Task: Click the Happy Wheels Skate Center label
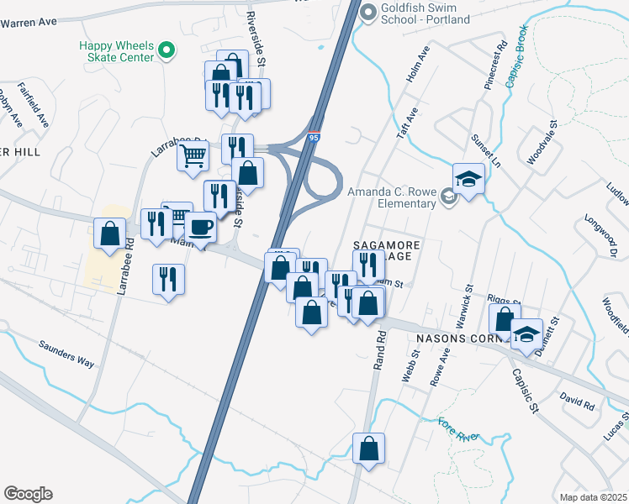[x=117, y=51]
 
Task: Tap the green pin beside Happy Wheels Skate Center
[x=166, y=51]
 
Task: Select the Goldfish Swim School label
[x=425, y=13]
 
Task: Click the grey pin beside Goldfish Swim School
[x=367, y=12]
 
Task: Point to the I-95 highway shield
[x=313, y=136]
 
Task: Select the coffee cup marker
[x=200, y=227]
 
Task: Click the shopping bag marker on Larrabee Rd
[x=110, y=234]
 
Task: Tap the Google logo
[x=28, y=494]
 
